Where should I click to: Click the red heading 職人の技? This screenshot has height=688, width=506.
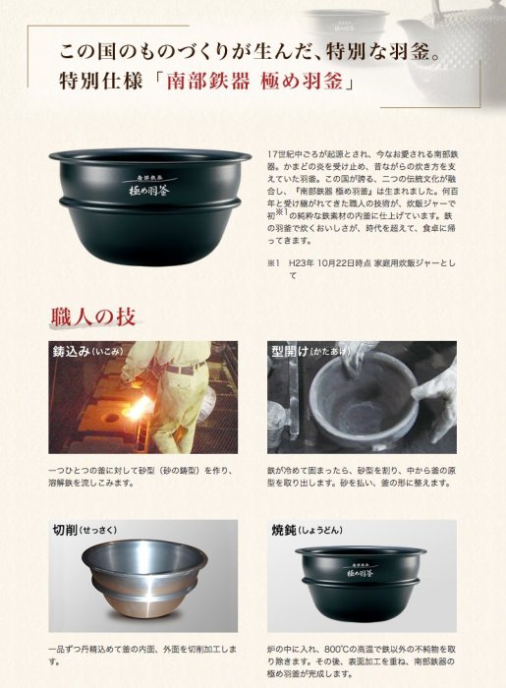click(x=93, y=316)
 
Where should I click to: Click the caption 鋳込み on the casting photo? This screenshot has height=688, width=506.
click(x=72, y=352)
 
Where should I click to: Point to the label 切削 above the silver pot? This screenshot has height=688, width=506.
click(x=65, y=530)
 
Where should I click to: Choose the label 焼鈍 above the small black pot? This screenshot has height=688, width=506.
click(x=284, y=530)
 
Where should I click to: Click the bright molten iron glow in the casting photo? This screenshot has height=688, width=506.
click(x=137, y=410)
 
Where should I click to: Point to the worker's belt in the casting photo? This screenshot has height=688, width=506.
click(x=185, y=368)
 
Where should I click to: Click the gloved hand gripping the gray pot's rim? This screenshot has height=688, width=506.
click(x=433, y=386)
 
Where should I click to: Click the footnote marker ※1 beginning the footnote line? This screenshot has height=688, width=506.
click(x=273, y=263)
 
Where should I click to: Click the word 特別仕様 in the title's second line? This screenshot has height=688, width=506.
click(x=100, y=82)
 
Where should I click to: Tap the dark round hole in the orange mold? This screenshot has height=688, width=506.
click(x=111, y=417)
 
